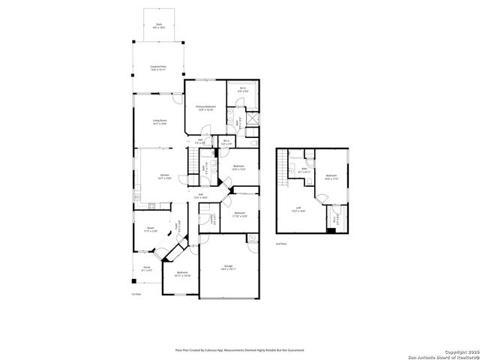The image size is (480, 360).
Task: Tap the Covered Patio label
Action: (x=159, y=67)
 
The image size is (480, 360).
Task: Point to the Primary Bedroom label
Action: (x=206, y=108)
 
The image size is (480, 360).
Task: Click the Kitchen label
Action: (x=164, y=177)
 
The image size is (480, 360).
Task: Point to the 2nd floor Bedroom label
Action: (x=331, y=178)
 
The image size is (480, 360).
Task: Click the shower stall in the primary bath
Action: (x=253, y=118)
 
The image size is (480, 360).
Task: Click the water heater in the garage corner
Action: (x=251, y=238)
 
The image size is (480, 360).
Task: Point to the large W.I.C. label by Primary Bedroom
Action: (x=243, y=90)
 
